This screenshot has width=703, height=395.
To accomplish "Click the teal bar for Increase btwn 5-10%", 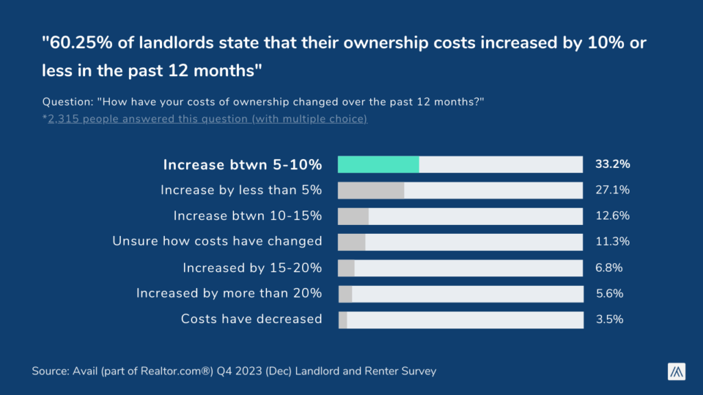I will pos(378,165).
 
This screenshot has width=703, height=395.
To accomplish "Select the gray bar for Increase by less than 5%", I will pos(371,190).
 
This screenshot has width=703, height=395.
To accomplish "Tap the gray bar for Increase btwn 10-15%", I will pos(354,216).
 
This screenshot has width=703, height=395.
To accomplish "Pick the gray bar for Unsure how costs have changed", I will pos(351,241).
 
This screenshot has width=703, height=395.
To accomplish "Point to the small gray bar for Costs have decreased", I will pos(343,320).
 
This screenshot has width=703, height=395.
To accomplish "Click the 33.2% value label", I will pos(612,165).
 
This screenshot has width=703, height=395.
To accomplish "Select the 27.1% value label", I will pos(612,190).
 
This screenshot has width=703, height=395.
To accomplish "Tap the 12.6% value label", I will pos(612,216).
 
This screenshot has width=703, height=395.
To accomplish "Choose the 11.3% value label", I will pos(612,241).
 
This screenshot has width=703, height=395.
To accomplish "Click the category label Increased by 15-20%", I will pos(252,267).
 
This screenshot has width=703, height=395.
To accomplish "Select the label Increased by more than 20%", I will pos(229,294).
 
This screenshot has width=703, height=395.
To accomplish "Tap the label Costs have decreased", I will pos(251,320).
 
